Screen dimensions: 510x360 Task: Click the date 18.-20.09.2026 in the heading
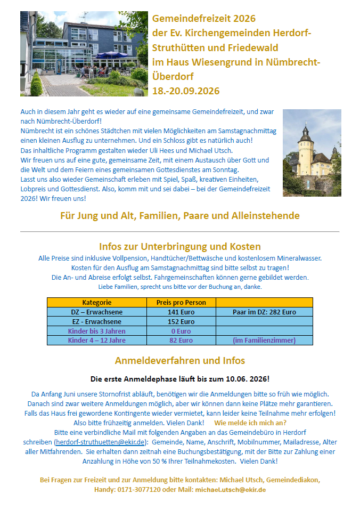pyautogui.click(x=186, y=90)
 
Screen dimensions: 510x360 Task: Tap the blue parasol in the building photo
pyautogui.click(x=112, y=55)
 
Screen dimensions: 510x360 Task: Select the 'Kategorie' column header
pyautogui.click(x=97, y=303)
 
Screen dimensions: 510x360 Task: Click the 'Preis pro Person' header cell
pyautogui.click(x=181, y=303)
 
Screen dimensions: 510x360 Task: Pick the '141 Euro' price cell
pyautogui.click(x=181, y=312)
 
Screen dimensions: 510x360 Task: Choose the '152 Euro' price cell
pyautogui.click(x=181, y=322)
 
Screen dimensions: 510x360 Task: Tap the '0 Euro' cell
pyautogui.click(x=181, y=331)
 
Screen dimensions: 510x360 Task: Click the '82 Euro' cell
pyautogui.click(x=181, y=341)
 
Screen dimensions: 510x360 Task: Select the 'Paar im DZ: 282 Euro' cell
pyautogui.click(x=264, y=312)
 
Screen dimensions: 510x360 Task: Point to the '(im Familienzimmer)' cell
pyautogui.click(x=264, y=341)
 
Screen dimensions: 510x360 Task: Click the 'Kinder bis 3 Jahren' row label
pyautogui.click(x=97, y=331)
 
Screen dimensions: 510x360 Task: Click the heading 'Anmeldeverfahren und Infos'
pyautogui.click(x=179, y=361)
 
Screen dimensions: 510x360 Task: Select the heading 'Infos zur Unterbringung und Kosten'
pyautogui.click(x=179, y=247)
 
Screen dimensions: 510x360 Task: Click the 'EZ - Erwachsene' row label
pyautogui.click(x=97, y=322)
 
